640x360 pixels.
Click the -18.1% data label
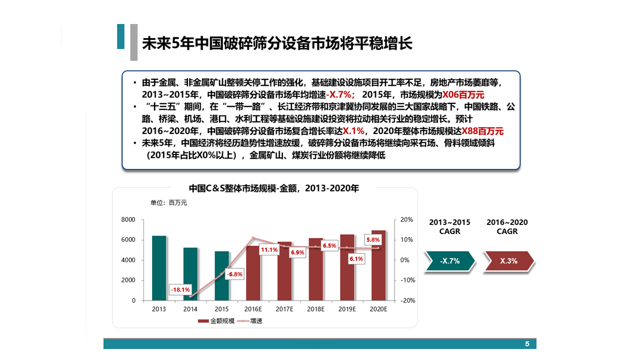[180, 289]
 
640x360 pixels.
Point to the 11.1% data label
[269, 249]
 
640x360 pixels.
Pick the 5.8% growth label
[373, 239]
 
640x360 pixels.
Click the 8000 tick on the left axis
[128, 220]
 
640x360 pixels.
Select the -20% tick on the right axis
[406, 300]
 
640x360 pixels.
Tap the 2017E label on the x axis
[284, 309]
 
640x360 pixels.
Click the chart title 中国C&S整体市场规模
[273, 188]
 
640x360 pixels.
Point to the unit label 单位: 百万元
[168, 202]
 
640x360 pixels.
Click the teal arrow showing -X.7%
[449, 261]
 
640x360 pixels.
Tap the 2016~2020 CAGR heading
[507, 226]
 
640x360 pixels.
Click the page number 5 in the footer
[527, 344]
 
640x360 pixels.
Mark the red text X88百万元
[482, 131]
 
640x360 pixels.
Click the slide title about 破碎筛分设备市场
[277, 43]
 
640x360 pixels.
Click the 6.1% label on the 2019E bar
[356, 258]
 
